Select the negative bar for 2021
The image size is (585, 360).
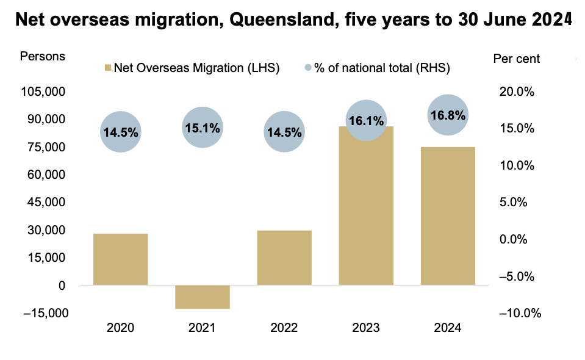202,297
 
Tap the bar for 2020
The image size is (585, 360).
120,259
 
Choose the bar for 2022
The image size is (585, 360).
284,257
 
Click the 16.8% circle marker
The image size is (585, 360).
448,115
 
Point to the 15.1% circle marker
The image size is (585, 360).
202,128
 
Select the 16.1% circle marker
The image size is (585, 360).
366,121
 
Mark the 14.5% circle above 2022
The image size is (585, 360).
284,132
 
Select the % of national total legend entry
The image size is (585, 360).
376,68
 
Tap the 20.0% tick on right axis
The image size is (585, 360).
517,92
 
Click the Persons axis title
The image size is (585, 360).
43,57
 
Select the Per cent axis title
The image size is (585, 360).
515,59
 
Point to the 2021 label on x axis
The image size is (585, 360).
202,328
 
